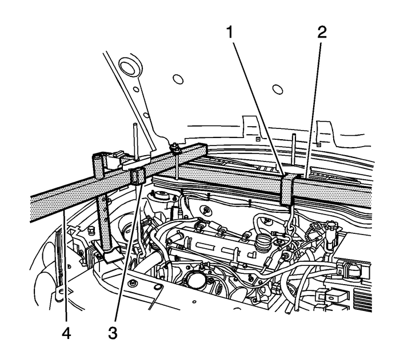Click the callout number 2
tap(322, 33)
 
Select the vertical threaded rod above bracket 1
tap(292, 151)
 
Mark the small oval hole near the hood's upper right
tap(278, 89)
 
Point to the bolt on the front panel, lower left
tap(133, 283)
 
